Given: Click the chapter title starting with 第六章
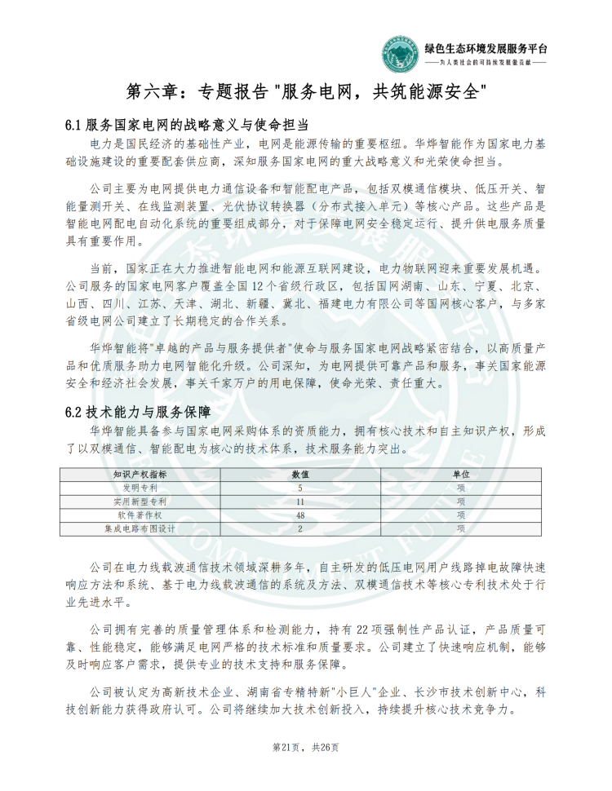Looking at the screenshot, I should point(307,90).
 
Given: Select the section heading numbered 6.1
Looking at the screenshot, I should point(186,125).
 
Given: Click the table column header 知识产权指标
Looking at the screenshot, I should point(140,474).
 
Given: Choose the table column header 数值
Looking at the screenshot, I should point(300,474).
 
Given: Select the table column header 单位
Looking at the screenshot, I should point(461,474).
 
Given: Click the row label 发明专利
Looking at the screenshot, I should point(140,488).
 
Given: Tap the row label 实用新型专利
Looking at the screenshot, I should point(140,502).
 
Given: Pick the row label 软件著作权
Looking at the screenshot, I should point(140,515).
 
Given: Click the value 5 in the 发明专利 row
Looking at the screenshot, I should point(300,488).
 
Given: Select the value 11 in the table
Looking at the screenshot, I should point(300,502).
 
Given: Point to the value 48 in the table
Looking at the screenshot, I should point(300,515).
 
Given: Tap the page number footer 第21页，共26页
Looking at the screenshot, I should point(306,747).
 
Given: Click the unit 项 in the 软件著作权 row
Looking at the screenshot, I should point(461,515).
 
